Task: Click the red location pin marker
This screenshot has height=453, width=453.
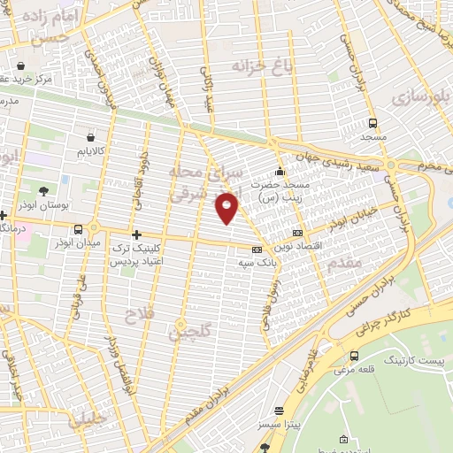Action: (227, 207)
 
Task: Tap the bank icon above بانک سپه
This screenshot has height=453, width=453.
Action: (257, 250)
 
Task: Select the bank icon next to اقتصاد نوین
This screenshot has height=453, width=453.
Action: (296, 233)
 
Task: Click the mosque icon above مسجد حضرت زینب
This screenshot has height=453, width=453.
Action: (280, 172)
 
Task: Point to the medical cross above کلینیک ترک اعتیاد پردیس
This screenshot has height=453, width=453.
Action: (135, 234)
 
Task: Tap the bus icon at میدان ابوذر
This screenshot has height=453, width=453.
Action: (78, 227)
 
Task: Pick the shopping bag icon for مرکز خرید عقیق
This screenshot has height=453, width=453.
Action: (20, 65)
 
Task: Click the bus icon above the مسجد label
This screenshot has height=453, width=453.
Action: (372, 123)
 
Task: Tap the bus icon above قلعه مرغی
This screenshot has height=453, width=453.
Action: (354, 356)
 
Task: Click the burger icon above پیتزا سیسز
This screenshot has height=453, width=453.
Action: (280, 411)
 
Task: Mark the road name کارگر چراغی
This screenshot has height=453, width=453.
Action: (385, 323)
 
